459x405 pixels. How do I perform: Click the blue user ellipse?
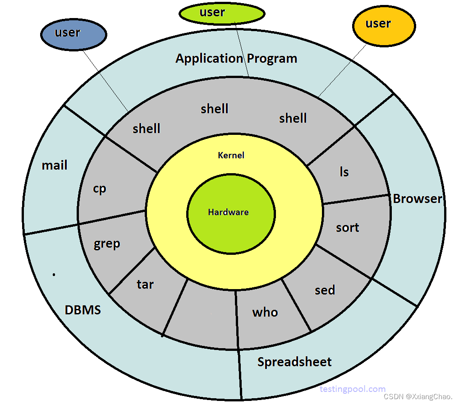73,34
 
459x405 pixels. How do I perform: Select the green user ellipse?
221,14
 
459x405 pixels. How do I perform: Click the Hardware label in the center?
228,212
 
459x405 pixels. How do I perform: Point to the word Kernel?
231,155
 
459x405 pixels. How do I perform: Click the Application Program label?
236,58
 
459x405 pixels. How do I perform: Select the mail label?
55,166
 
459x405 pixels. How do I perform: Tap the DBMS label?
83,310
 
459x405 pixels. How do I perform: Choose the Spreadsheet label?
294,362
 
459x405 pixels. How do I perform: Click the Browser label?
418,198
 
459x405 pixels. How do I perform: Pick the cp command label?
99,189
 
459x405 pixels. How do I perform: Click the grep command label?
107,244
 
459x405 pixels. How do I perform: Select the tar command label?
145,284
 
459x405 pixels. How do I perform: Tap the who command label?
265,312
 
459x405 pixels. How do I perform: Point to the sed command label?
325,290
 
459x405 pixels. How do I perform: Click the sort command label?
348,227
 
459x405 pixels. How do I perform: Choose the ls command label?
344,172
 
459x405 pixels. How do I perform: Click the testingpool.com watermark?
353,389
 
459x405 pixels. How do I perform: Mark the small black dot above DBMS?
54,274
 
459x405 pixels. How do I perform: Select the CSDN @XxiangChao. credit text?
418,397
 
